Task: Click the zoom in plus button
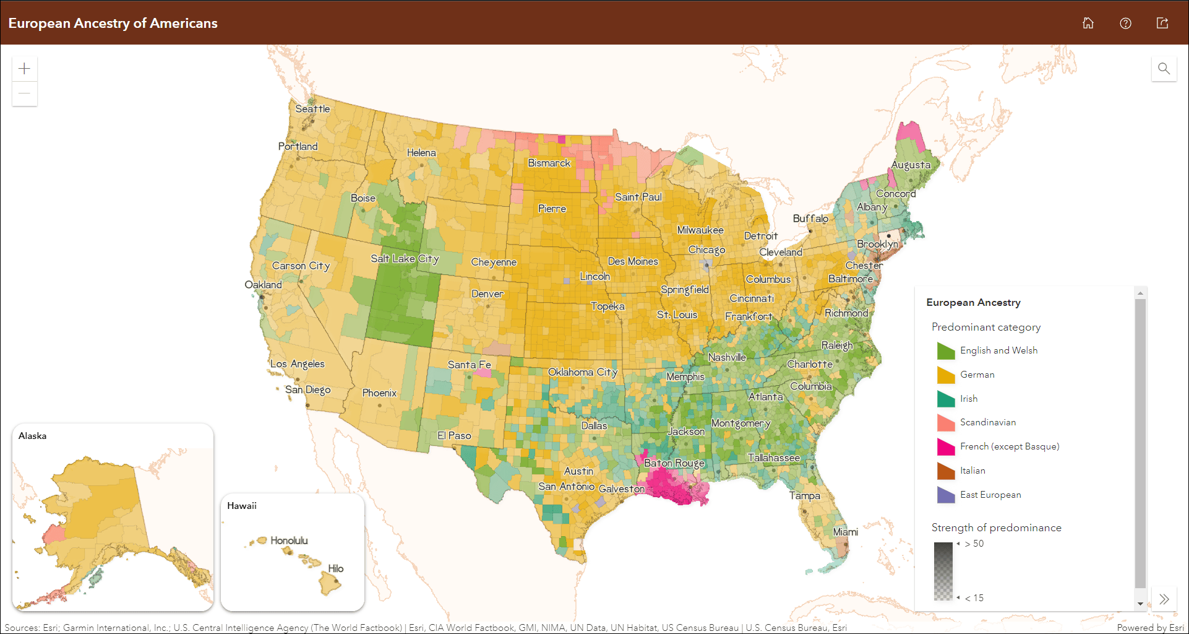tap(25, 69)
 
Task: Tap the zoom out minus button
tap(25, 93)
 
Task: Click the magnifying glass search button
tap(1164, 69)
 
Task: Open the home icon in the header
tap(1088, 23)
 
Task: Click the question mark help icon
tap(1125, 23)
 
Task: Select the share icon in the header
tap(1162, 23)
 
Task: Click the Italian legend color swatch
tap(946, 471)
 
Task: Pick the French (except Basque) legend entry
tap(1009, 446)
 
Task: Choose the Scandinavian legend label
tap(987, 422)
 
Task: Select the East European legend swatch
tap(946, 495)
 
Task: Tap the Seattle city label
tap(312, 109)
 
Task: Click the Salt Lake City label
tap(405, 259)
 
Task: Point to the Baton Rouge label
tap(674, 463)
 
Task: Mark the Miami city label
tap(845, 532)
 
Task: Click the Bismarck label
tap(549, 163)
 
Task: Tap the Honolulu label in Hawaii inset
tap(289, 541)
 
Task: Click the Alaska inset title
tap(32, 436)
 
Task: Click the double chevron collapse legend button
tap(1164, 599)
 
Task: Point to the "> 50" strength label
tap(974, 544)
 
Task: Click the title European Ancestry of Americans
tap(113, 23)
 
